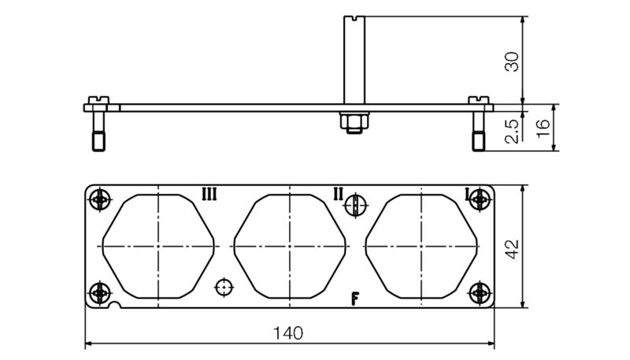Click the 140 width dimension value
289,333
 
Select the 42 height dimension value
512,248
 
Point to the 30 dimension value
512,61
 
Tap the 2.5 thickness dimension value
512,130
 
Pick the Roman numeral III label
209,194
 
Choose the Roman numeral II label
337,194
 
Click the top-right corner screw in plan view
480,200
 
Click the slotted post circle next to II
356,206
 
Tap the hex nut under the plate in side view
352,121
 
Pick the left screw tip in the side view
98,143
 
